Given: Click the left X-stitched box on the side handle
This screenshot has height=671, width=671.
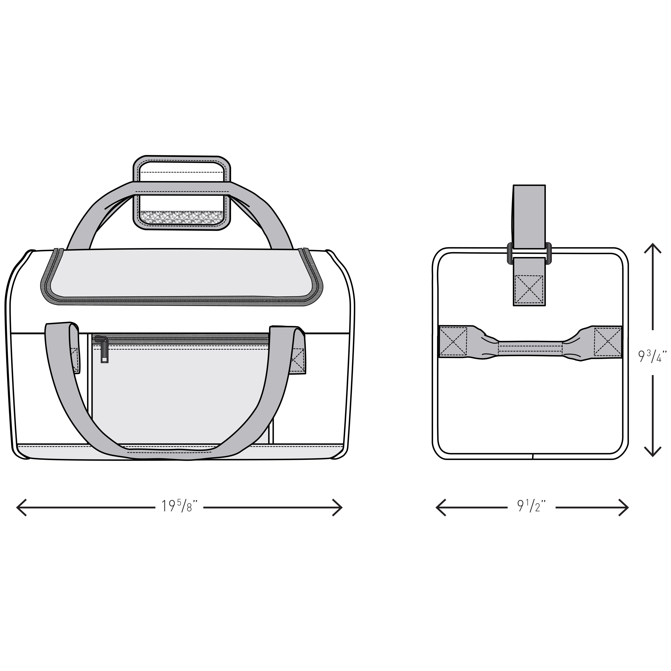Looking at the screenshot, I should pyautogui.click(x=453, y=342).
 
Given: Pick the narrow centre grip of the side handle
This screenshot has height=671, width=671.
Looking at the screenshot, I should pyautogui.click(x=530, y=348).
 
